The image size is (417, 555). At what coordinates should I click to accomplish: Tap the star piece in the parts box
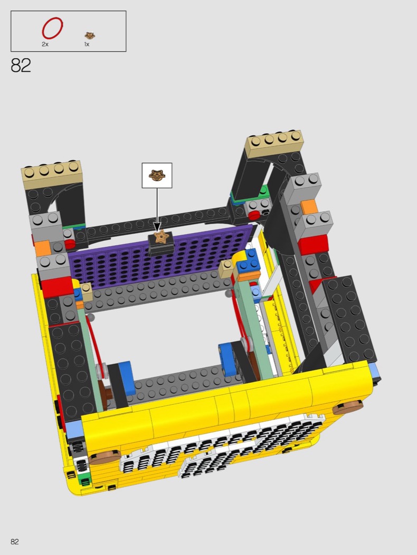[90, 35]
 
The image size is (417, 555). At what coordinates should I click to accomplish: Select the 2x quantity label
[45, 44]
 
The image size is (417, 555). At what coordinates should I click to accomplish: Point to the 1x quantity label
[87, 44]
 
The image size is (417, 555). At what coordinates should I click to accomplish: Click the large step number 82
[21, 65]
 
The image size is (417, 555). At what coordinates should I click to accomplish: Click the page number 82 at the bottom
[14, 542]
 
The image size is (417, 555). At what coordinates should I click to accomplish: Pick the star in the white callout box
[157, 175]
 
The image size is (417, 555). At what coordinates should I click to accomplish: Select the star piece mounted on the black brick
[162, 236]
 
